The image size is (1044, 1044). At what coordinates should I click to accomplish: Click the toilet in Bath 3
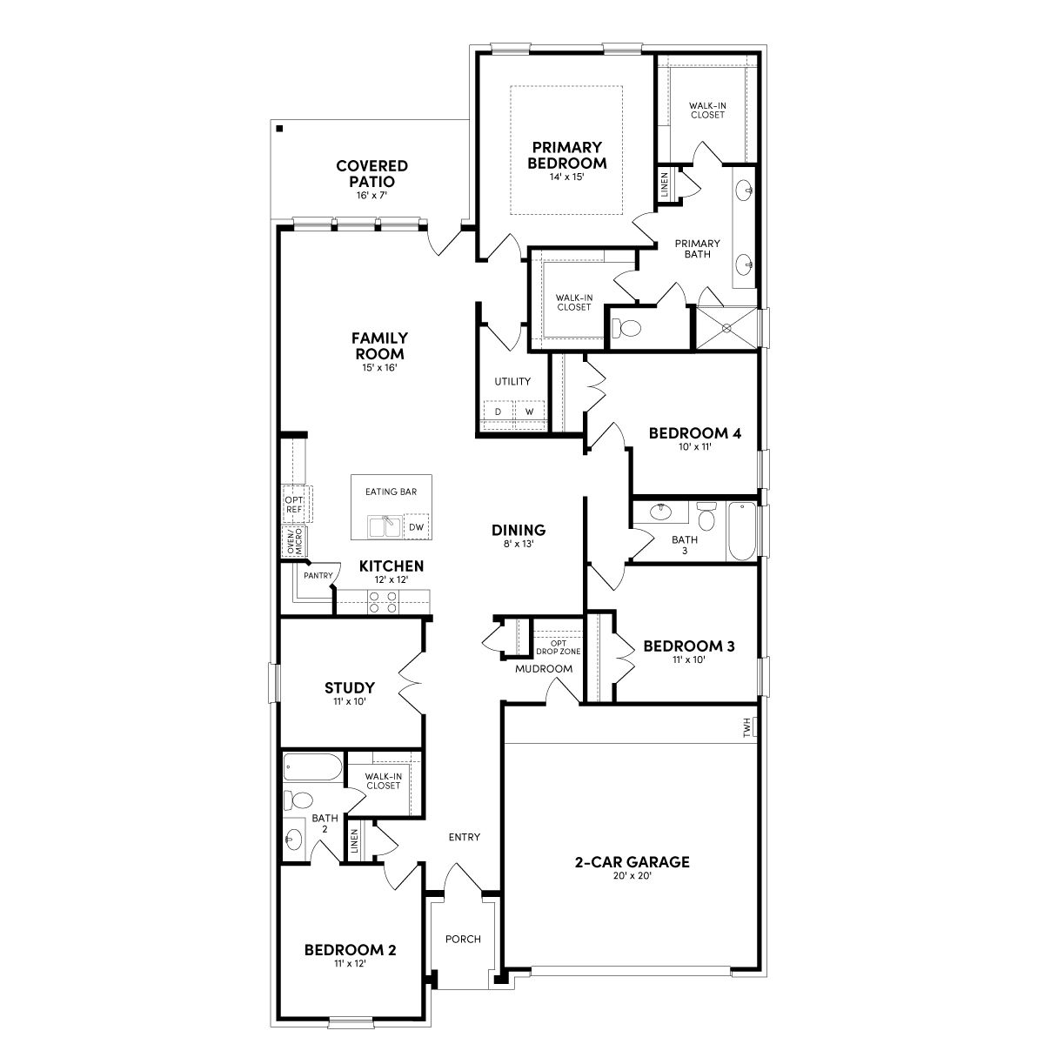[x=706, y=516]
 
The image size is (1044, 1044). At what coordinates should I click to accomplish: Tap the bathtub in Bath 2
[x=312, y=766]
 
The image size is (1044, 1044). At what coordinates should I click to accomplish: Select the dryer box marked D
[x=498, y=412]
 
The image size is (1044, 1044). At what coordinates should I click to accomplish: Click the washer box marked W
[x=529, y=412]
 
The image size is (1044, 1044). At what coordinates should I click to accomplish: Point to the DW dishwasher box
[x=416, y=526]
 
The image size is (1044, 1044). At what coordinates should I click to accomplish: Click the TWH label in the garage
[x=748, y=727]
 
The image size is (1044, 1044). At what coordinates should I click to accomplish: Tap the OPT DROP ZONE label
[x=558, y=647]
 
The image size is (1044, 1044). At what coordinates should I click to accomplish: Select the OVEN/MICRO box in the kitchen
[x=294, y=541]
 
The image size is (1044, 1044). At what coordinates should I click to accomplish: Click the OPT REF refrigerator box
[x=296, y=505]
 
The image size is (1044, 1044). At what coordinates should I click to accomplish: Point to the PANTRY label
[x=318, y=575]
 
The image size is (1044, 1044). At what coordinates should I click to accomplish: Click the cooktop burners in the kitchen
[x=383, y=602]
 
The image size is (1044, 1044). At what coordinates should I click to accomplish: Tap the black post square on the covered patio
[x=279, y=129]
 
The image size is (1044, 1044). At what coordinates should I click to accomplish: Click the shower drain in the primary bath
[x=726, y=328]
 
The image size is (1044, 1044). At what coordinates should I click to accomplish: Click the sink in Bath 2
[x=293, y=840]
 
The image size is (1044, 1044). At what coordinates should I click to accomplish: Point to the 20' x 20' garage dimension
[x=632, y=875]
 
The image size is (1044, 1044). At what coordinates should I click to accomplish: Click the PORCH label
[x=463, y=939]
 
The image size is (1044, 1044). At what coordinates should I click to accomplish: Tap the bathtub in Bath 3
[x=742, y=532]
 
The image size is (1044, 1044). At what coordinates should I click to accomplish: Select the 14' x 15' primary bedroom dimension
[x=566, y=177]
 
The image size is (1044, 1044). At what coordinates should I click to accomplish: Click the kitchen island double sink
[x=385, y=526]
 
